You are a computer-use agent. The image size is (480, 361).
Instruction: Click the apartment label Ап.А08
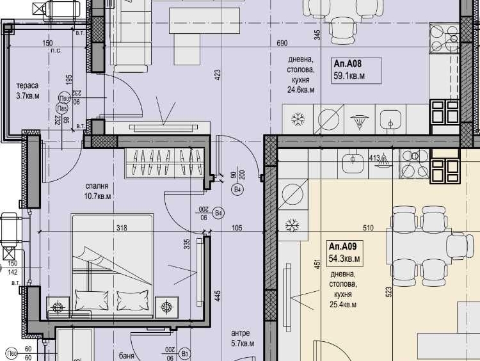pyautogui.click(x=348, y=64)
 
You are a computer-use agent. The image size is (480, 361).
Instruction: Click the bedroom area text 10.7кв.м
pyautogui.click(x=98, y=197)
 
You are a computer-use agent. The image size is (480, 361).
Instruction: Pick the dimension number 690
pyautogui.click(x=282, y=44)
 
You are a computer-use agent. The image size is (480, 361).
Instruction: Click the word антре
pyautogui.click(x=241, y=333)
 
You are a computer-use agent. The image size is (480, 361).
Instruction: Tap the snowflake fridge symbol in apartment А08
pyautogui.click(x=298, y=118)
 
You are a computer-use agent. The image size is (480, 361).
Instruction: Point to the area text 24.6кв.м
pyautogui.click(x=300, y=91)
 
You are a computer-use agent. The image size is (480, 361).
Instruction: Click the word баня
pyautogui.click(x=126, y=354)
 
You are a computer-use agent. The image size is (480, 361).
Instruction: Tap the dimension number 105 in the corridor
pyautogui.click(x=237, y=227)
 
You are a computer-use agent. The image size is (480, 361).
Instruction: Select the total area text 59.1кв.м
pyautogui.click(x=349, y=76)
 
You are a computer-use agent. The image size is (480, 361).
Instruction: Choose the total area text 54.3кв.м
pyautogui.click(x=344, y=258)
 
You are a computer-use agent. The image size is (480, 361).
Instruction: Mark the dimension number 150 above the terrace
pyautogui.click(x=47, y=44)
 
